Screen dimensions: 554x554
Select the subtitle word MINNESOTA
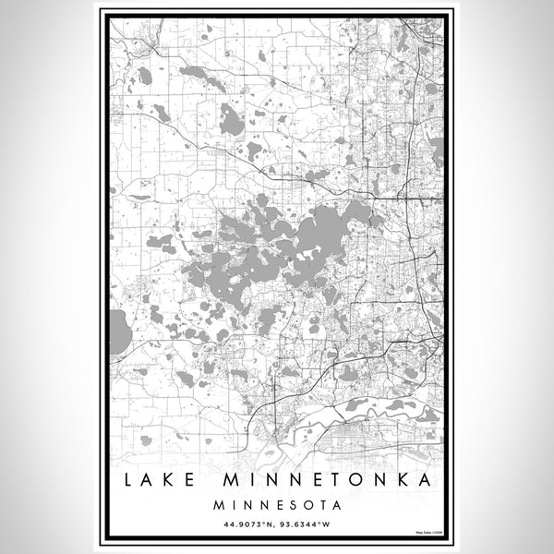click(277, 505)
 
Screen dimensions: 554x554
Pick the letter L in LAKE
click(124, 482)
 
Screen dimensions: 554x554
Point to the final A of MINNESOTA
click(336, 505)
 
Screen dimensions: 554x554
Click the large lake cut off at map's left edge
click(119, 332)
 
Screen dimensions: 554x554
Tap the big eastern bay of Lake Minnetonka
click(328, 226)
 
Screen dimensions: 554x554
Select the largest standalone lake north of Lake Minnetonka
click(232, 123)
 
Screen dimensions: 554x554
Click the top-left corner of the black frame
click(108, 14)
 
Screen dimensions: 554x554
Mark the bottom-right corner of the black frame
click(446, 539)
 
